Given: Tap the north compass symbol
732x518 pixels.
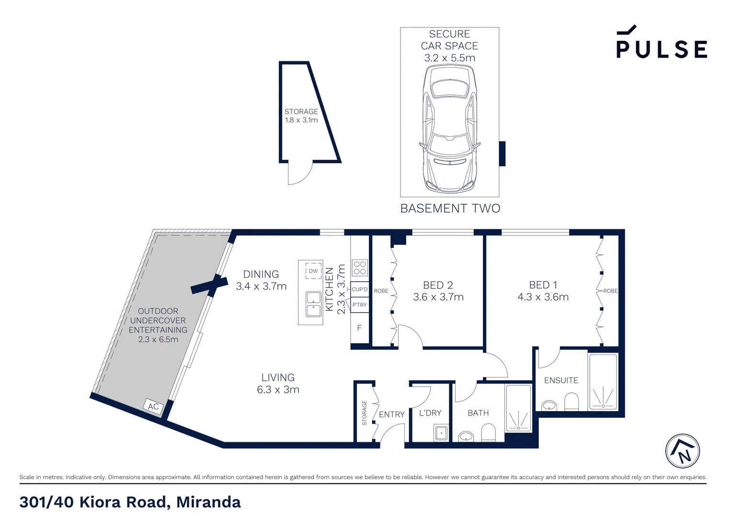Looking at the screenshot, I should point(683,451).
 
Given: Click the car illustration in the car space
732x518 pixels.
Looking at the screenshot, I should point(449,129).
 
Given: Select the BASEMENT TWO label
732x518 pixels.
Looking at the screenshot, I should point(450,209).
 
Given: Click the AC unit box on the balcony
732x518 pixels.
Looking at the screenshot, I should point(153,407).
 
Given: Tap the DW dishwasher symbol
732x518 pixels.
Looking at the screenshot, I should point(313,271).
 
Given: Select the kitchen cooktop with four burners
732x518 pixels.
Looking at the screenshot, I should point(360,268).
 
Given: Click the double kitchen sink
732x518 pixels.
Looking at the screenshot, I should point(313,304).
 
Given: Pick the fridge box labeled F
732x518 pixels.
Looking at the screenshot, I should point(359,328).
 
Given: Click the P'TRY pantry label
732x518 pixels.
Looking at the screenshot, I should point(359,305).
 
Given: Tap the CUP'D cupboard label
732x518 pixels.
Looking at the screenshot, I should point(360,290).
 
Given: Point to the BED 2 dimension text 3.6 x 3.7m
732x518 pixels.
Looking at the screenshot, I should point(438,297).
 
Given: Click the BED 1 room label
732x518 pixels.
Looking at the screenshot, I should point(543,285).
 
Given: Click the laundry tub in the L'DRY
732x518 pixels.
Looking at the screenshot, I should point(441,433).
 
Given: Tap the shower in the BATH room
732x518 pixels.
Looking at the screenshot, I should point(518,408).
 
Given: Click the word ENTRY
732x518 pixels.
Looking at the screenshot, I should point(391,414).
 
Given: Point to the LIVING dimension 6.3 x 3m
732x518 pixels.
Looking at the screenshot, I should point(278,390).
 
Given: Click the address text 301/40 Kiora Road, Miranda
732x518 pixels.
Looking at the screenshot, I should point(130,502).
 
